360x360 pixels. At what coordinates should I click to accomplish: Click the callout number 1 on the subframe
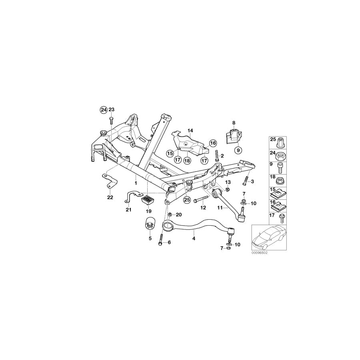click(x=136, y=182)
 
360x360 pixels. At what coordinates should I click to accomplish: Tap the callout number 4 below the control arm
click(x=194, y=239)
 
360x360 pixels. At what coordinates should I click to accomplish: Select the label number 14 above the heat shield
click(x=190, y=130)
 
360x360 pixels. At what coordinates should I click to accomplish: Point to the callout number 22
click(x=110, y=197)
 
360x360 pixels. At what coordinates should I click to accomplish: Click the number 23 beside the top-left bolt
click(x=112, y=110)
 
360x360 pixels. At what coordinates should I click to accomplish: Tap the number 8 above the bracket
click(x=234, y=123)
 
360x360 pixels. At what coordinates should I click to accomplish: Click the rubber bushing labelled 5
click(x=150, y=224)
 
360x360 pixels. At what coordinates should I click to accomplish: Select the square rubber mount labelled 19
click(x=148, y=198)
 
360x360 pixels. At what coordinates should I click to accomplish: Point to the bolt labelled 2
click(x=216, y=155)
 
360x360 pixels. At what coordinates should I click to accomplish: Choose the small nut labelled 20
click(x=170, y=215)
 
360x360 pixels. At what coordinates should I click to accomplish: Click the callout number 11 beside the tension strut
click(x=220, y=208)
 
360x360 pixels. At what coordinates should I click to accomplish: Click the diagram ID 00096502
click(x=259, y=253)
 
